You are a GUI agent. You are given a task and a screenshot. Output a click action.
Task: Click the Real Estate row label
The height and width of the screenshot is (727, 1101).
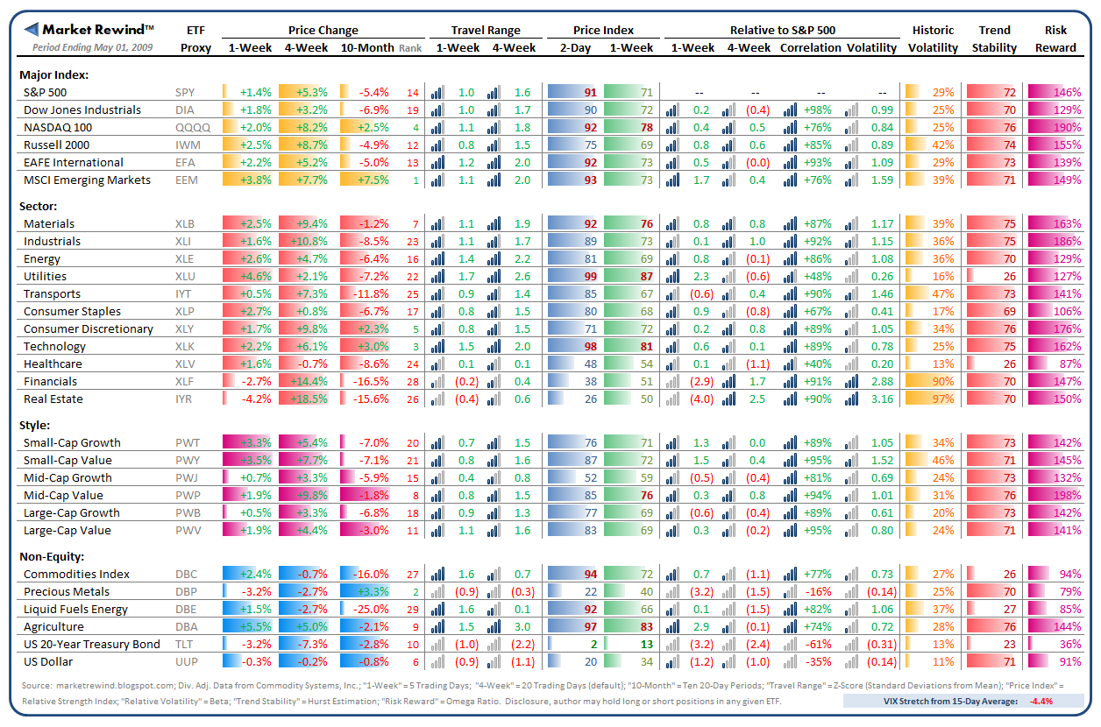(53, 399)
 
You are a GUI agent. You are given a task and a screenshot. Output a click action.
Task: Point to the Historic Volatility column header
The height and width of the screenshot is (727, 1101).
(933, 39)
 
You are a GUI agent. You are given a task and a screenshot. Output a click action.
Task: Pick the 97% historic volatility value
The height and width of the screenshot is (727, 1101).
(943, 399)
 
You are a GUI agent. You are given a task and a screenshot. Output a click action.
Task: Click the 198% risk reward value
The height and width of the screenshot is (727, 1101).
(1069, 495)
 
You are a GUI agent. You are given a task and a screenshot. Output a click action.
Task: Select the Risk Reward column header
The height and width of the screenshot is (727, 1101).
(1055, 39)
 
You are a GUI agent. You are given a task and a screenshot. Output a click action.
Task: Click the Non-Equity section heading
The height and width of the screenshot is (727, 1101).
(53, 556)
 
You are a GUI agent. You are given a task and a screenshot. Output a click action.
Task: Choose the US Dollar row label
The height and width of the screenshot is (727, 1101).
(48, 661)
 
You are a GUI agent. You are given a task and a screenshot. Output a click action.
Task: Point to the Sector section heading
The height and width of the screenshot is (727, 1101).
(38, 206)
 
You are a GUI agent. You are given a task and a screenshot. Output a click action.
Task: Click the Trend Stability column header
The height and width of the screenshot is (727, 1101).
(994, 39)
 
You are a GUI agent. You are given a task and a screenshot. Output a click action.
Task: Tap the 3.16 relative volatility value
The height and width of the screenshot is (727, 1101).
(883, 399)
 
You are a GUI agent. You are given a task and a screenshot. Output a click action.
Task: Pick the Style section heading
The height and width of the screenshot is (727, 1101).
(34, 425)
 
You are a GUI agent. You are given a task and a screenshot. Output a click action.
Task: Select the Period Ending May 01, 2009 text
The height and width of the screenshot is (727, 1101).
(92, 47)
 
